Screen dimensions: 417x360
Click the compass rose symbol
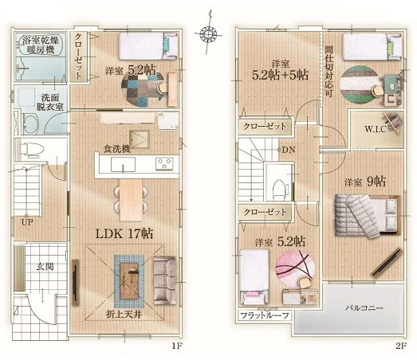(208, 33)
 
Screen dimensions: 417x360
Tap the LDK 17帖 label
(124, 234)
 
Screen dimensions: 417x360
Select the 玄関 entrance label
(45, 267)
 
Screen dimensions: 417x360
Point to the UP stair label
(27, 222)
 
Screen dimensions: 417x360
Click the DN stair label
(289, 150)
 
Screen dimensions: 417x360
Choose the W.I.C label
(376, 129)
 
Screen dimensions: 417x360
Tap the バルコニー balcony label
(364, 308)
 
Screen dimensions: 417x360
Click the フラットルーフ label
(265, 315)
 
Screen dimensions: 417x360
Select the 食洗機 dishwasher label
(117, 149)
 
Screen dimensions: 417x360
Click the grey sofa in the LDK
(164, 280)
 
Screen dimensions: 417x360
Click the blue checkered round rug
(143, 89)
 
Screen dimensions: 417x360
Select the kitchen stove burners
(164, 163)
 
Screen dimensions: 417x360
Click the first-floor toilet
(32, 149)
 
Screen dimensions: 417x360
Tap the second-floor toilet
(279, 188)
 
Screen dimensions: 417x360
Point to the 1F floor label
(176, 346)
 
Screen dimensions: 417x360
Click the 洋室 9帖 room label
(365, 182)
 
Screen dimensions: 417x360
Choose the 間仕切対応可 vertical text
(329, 71)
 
